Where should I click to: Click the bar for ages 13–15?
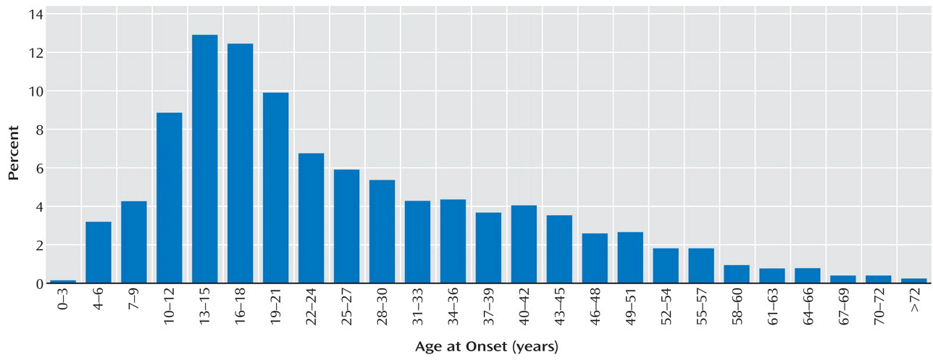tap(204, 159)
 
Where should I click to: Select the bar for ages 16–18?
tap(240, 164)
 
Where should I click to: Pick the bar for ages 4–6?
tap(99, 252)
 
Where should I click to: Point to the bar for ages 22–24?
tap(311, 218)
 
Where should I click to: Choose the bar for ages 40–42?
tap(524, 244)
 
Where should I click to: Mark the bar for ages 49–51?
tap(630, 258)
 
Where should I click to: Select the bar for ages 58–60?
tap(737, 274)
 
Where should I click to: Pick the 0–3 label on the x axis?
tap(63, 307)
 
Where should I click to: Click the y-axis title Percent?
tap(14, 151)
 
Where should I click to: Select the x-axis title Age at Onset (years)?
tap(486, 346)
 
